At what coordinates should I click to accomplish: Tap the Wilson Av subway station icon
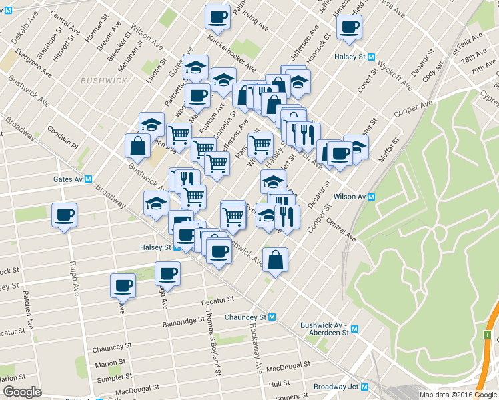372,197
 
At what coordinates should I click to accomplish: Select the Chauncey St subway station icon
272,317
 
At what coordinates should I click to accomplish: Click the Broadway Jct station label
336,387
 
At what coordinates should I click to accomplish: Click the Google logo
22,392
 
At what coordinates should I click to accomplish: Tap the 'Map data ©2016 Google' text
458,394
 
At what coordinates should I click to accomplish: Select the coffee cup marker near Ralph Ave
64,215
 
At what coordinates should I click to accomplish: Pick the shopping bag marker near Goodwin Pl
137,146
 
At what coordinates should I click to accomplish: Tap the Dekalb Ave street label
13,21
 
